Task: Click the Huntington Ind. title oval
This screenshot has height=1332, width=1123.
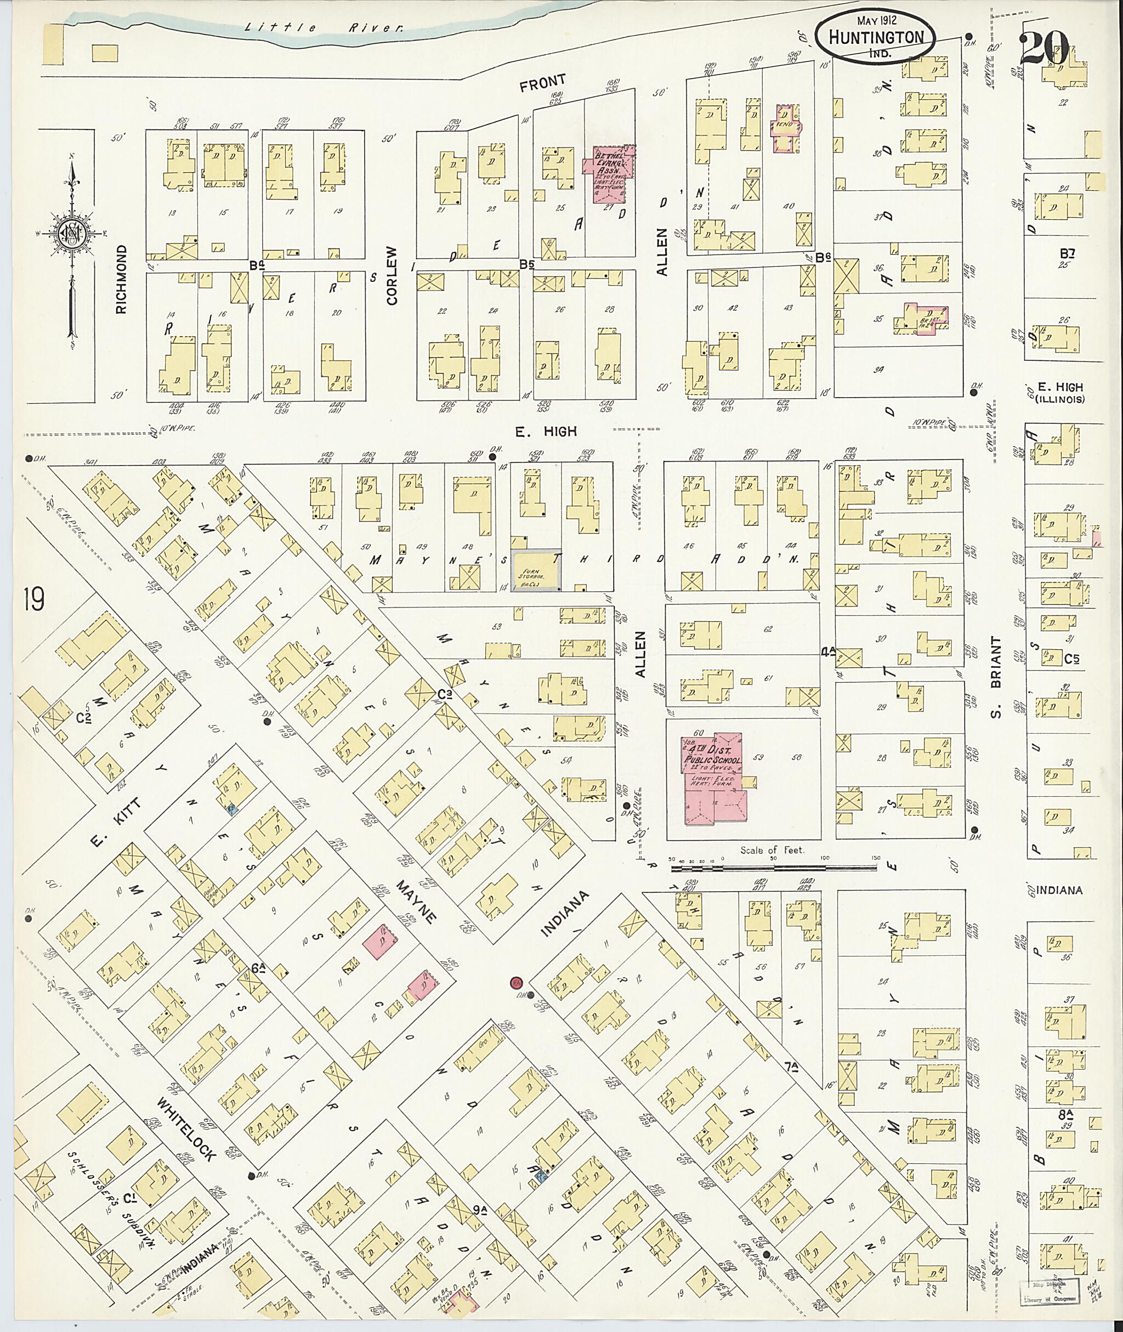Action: click(876, 39)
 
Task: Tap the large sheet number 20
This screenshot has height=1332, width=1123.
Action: click(1045, 48)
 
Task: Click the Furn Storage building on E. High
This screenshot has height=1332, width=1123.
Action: click(537, 570)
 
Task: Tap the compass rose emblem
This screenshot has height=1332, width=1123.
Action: click(71, 234)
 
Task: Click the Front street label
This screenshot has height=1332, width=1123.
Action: click(542, 82)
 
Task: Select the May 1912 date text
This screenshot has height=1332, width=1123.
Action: click(876, 21)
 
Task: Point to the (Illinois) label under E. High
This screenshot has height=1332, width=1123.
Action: click(1059, 399)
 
